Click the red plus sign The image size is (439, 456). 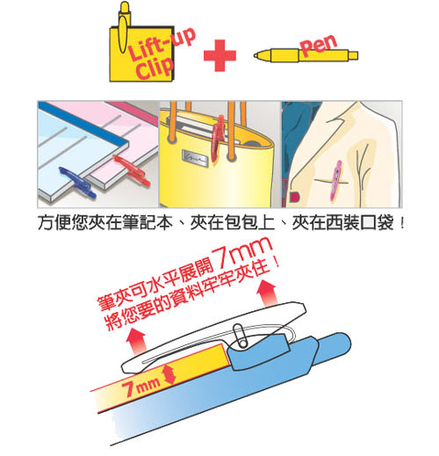[x=219, y=55]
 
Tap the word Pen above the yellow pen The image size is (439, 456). [x=319, y=45]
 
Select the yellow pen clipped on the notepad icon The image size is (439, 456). [x=123, y=27]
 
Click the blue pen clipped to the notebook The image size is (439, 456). [x=77, y=182]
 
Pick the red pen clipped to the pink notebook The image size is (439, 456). [x=132, y=170]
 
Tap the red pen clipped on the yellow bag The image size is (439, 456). [x=219, y=138]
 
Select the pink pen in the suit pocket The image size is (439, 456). [x=335, y=180]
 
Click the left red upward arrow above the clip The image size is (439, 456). [x=135, y=340]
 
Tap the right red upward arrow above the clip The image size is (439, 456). [x=267, y=293]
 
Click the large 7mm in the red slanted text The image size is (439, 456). [x=242, y=254]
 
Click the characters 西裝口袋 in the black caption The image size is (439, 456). [x=342, y=223]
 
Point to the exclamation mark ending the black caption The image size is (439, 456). [x=402, y=223]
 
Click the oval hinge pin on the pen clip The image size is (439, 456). [x=241, y=336]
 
